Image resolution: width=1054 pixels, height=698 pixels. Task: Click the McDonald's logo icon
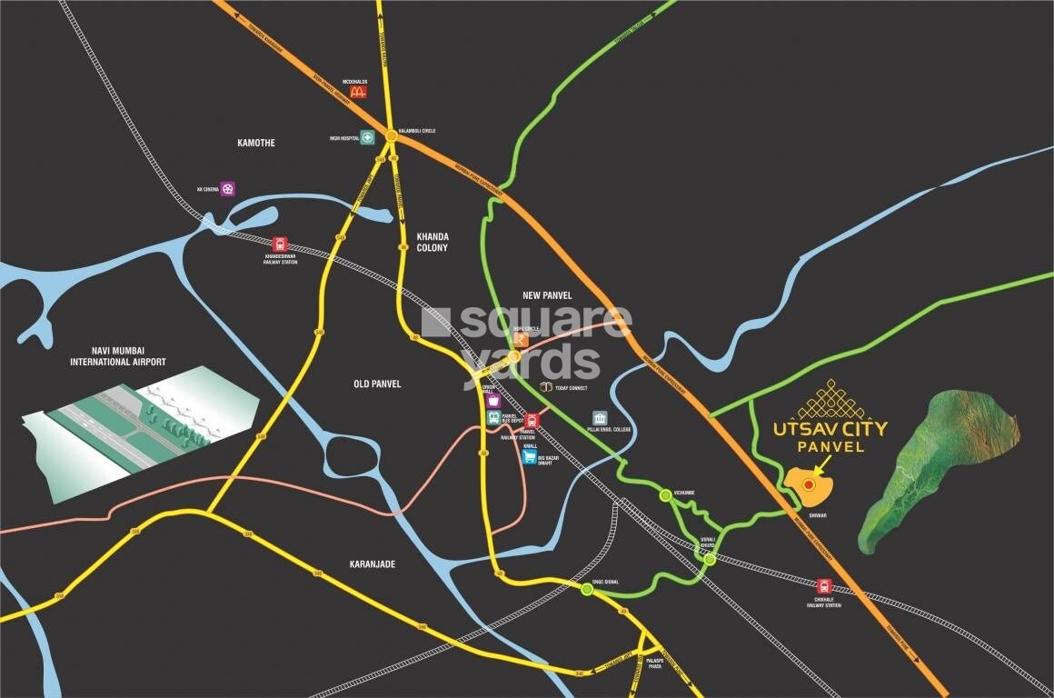click(358, 91)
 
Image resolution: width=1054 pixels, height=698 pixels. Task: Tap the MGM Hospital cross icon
click(367, 138)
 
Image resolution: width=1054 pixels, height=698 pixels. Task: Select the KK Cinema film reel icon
click(227, 189)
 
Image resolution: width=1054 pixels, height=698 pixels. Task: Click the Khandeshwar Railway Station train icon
click(279, 244)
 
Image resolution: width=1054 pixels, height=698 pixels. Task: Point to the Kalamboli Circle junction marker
click(390, 135)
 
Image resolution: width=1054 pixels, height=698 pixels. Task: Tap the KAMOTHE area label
click(255, 143)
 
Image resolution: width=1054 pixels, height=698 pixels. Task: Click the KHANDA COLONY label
click(432, 242)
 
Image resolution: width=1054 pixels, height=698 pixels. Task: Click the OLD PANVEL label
click(377, 384)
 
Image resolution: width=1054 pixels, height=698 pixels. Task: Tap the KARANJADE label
click(373, 564)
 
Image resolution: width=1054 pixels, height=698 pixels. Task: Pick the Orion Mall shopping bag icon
click(493, 400)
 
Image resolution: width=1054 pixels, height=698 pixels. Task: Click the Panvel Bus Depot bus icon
click(493, 418)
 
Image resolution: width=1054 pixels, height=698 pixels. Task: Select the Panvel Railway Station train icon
click(532, 420)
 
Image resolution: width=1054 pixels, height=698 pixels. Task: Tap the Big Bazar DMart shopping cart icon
click(530, 457)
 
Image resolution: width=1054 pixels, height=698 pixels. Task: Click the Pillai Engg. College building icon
click(600, 417)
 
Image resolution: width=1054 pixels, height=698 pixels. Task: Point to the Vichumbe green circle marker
click(665, 494)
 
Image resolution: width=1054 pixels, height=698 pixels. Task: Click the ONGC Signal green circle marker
click(587, 589)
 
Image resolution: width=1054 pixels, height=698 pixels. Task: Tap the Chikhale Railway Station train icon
click(825, 586)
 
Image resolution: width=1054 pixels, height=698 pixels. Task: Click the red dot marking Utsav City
click(809, 485)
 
